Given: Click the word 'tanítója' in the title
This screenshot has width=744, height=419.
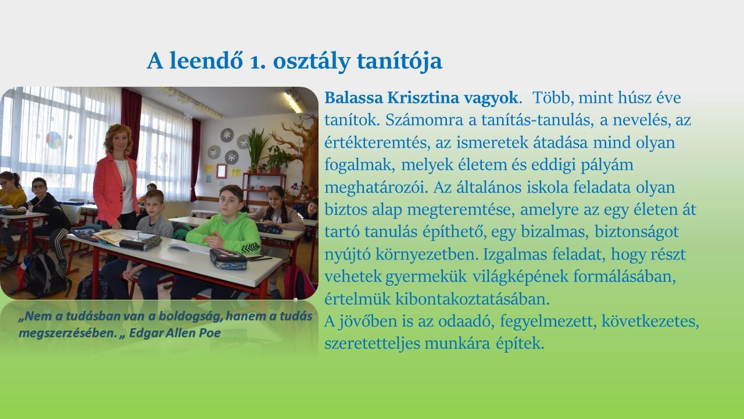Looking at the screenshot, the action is [399, 61].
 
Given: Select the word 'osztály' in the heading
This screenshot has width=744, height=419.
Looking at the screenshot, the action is [312, 61].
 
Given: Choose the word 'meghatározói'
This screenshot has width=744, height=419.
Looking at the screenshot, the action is [376, 187].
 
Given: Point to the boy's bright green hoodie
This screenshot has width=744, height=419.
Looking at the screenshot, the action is [226, 233].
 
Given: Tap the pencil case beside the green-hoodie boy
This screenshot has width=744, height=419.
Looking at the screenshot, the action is [228, 259].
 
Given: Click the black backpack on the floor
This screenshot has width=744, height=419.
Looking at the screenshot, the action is [44, 275].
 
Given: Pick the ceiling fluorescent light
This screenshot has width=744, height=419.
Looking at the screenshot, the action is [294, 101].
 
